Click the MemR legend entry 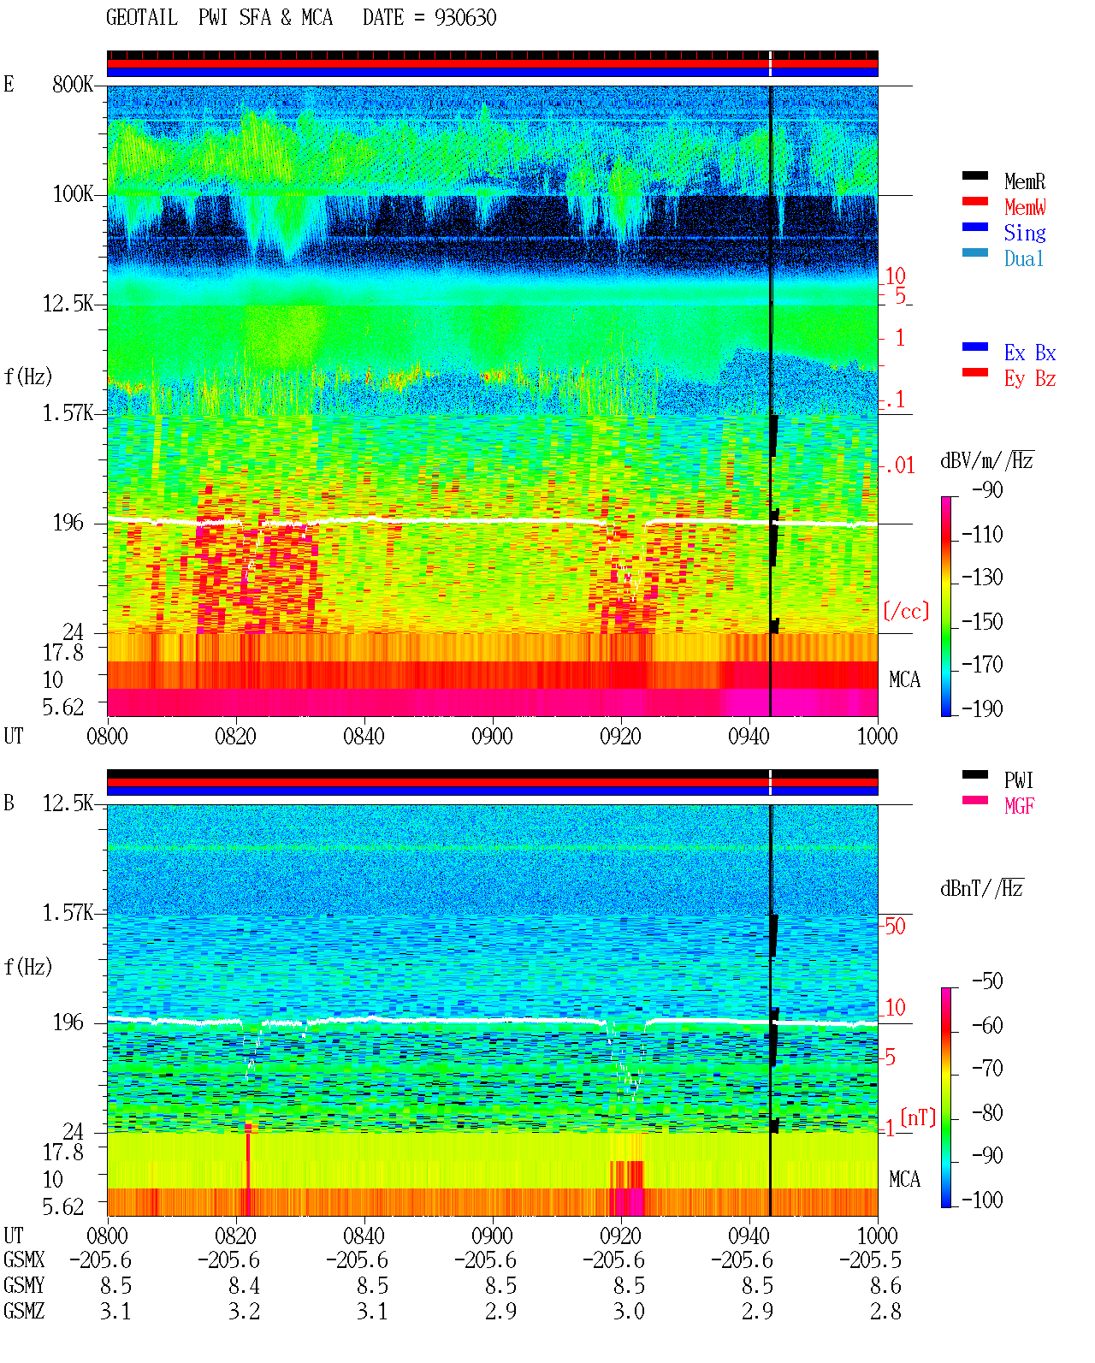click(1023, 181)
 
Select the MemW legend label click(1025, 207)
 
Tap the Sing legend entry click(1024, 233)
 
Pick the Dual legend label click(1023, 258)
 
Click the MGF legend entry click(1018, 806)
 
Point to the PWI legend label click(1018, 779)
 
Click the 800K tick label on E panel click(73, 84)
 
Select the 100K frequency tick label click(73, 194)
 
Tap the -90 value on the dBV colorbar click(987, 489)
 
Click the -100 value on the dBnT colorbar click(982, 1200)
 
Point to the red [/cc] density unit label click(906, 611)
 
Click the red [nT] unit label click(918, 1117)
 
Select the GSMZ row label click(24, 1311)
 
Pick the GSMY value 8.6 click(885, 1285)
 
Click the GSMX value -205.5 click(870, 1259)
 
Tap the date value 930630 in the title click(465, 18)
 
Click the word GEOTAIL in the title click(142, 18)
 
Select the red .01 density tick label click(899, 466)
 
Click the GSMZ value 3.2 click(244, 1311)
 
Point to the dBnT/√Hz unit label click(981, 888)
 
